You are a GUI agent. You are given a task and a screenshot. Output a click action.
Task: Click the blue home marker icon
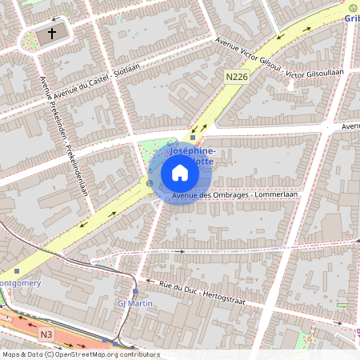click(x=180, y=172)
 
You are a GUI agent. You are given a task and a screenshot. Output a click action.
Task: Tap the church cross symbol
click(x=53, y=34)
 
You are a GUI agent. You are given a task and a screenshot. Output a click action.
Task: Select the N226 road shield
click(x=234, y=76)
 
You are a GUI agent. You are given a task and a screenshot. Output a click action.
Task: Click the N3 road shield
click(x=47, y=333)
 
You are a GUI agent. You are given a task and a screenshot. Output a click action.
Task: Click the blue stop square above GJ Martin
click(x=135, y=292)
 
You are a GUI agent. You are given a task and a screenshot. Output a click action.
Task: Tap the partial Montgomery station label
click(x=15, y=282)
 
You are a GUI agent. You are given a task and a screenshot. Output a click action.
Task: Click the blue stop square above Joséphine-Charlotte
click(x=192, y=138)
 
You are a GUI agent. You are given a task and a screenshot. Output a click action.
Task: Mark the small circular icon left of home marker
click(x=150, y=183)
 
